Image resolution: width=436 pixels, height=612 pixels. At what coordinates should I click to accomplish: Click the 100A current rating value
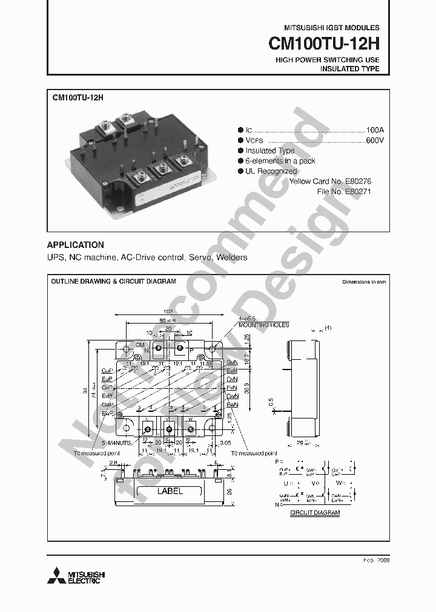coord(375,130)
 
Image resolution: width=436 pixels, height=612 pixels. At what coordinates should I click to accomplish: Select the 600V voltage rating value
coord(375,140)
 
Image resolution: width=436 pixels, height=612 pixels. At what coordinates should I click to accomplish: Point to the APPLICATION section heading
coord(76,245)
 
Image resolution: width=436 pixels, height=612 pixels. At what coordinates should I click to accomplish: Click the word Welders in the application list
coord(232,258)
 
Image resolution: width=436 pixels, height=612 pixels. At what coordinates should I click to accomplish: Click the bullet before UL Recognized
coord(240,171)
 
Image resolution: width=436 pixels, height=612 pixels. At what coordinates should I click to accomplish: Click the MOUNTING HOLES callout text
coord(263,325)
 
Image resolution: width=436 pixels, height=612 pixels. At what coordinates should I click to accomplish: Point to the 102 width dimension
coord(168,311)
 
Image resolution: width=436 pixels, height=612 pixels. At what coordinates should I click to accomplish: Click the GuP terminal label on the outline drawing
coord(107,369)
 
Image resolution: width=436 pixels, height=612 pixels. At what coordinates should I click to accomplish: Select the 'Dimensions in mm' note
coord(363,282)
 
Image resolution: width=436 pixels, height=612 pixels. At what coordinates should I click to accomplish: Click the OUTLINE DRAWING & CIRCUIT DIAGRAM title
coord(113,282)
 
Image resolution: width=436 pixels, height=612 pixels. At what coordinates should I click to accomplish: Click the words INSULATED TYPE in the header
coord(349,69)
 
